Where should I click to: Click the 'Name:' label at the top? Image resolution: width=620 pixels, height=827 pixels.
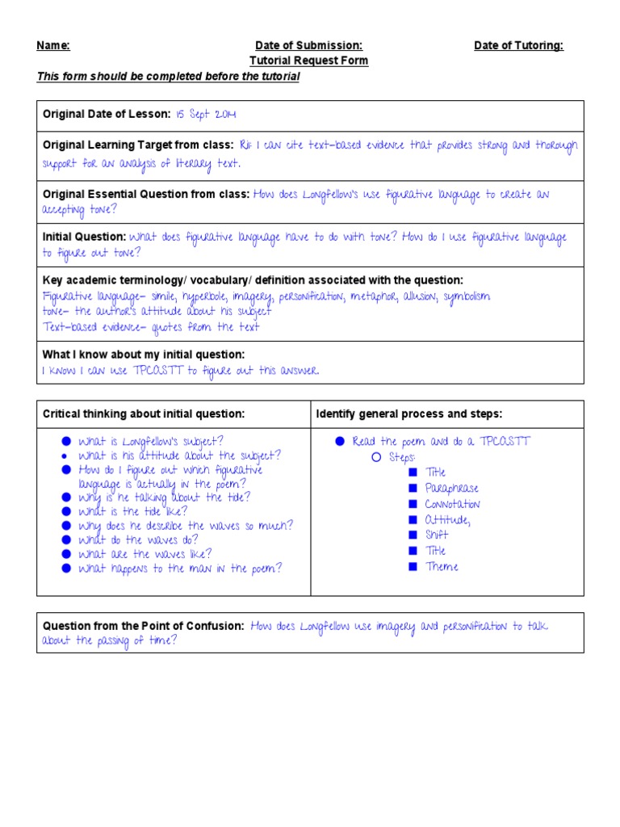[x=53, y=46]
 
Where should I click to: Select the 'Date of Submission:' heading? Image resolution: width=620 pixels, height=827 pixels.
[x=308, y=46]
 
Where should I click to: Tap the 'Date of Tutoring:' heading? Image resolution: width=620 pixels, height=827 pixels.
[x=518, y=46]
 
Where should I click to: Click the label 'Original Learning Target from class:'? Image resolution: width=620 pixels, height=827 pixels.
[x=137, y=145]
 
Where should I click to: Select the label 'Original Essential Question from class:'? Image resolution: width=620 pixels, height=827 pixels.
[x=146, y=194]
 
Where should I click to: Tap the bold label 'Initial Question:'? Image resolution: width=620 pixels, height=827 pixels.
[x=84, y=237]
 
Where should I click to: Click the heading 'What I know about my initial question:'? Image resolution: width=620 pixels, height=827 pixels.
[x=144, y=355]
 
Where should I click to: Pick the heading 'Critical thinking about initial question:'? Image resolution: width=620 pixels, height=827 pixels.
[x=144, y=414]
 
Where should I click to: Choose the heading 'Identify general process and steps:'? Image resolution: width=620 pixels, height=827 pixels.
[x=409, y=414]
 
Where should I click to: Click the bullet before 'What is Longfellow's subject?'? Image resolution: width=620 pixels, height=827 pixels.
[x=65, y=442]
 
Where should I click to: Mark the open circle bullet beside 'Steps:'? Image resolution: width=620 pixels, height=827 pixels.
[x=375, y=457]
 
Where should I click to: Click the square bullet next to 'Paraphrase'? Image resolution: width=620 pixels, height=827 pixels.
[x=412, y=488]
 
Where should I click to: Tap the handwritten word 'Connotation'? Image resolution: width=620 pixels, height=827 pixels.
[x=452, y=504]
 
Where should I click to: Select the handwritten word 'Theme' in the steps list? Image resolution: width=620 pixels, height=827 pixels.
[x=442, y=567]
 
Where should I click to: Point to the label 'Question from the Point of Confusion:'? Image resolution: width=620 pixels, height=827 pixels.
[x=144, y=626]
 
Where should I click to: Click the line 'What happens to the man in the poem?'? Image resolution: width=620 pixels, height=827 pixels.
[x=179, y=569]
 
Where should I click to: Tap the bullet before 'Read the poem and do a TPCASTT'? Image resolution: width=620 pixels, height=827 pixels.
[x=340, y=441]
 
